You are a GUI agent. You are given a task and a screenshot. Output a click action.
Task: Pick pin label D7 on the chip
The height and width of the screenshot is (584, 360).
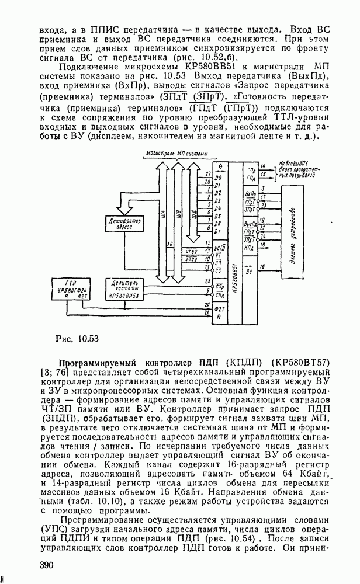point(217,232)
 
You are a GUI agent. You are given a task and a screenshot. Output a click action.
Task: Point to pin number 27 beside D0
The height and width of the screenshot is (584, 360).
point(209,175)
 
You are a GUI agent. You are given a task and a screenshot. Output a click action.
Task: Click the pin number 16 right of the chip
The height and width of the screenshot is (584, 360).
point(263,266)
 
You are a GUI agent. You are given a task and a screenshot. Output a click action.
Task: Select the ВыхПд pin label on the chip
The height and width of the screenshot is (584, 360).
point(251,224)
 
